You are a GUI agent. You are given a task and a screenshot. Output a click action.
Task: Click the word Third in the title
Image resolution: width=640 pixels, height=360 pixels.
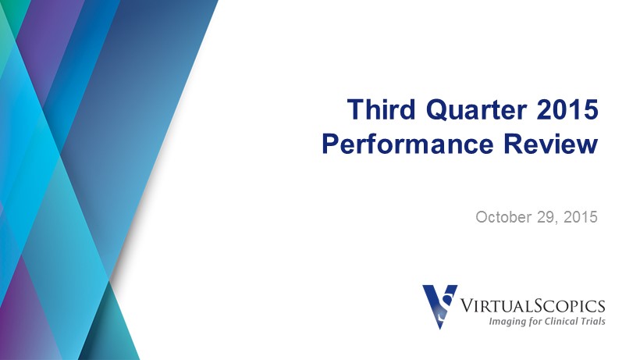pos(381,109)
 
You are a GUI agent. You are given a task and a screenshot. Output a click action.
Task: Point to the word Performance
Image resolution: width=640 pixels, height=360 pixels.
pos(407,144)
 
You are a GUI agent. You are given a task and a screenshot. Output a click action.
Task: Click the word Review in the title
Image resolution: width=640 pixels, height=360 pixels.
pos(551,144)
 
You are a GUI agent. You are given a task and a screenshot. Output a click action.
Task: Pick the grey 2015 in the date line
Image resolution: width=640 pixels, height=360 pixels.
pos(581,217)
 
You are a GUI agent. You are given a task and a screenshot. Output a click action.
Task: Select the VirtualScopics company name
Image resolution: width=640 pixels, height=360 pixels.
pos(532,305)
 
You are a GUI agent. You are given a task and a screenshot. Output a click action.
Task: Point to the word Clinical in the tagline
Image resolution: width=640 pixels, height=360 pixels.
pos(562,321)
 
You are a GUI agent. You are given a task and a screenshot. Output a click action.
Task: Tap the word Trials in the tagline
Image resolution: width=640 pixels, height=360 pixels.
pos(593,321)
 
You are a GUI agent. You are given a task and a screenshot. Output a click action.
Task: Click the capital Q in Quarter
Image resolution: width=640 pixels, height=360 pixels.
pos(436,110)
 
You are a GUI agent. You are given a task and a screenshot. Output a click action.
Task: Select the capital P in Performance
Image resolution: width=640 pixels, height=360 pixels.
pos(331,144)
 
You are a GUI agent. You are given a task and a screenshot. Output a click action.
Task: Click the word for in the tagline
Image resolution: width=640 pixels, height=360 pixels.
pos(535,322)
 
